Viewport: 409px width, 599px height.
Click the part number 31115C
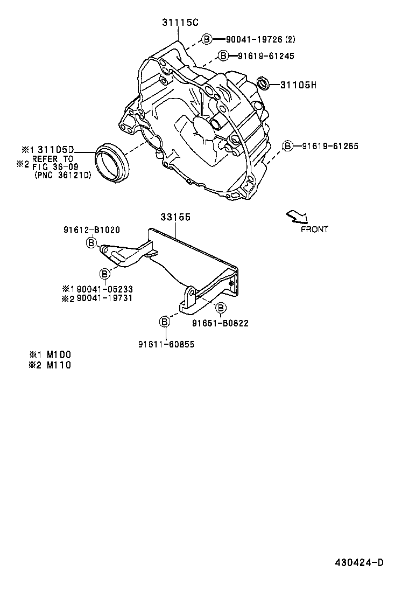[x=180, y=23]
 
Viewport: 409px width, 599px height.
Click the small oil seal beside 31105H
[x=263, y=83]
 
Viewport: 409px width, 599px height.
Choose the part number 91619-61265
[x=329, y=146]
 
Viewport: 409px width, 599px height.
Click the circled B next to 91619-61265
[x=288, y=146]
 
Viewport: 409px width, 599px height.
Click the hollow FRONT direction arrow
[x=297, y=216]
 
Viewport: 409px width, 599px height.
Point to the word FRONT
[x=314, y=229]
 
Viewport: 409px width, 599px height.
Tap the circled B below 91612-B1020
[x=91, y=243]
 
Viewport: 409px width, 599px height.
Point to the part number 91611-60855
[x=166, y=344]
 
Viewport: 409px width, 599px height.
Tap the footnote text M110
[x=59, y=365]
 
